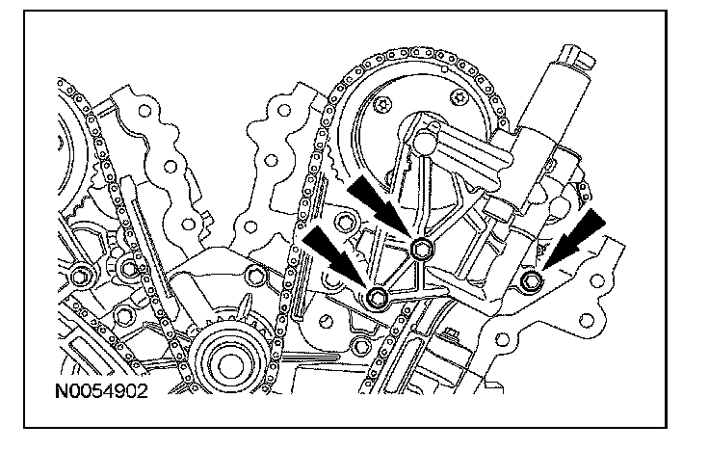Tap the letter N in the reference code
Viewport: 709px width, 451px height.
pos(61,393)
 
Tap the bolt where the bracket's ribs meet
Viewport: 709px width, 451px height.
pos(421,250)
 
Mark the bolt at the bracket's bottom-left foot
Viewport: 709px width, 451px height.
pos(378,296)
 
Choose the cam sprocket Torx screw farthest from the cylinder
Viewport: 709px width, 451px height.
pos(385,103)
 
